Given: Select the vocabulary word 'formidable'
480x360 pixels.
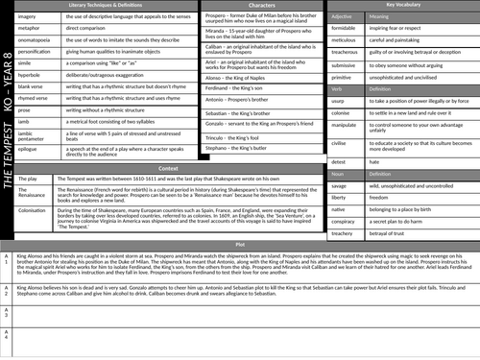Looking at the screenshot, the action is click(x=348, y=30).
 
